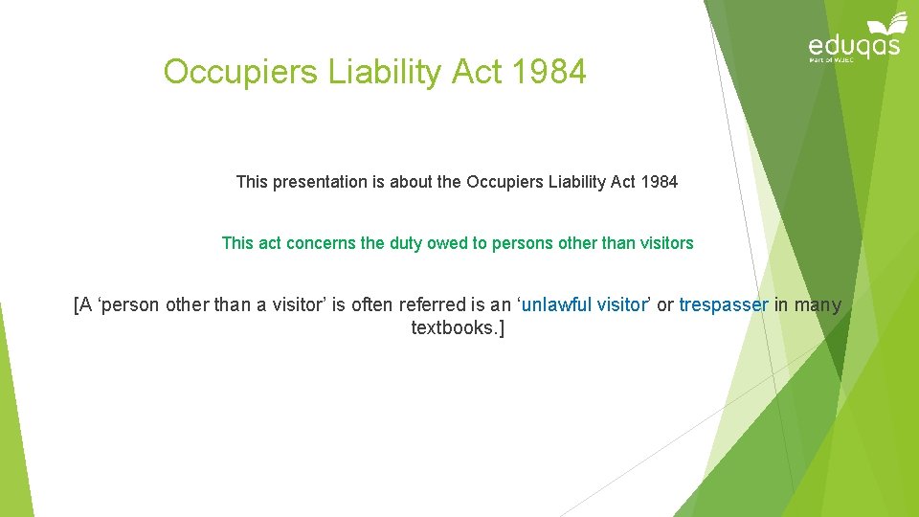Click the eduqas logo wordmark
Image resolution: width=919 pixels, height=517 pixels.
pyautogui.click(x=855, y=45)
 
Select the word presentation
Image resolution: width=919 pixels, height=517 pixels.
pyautogui.click(x=320, y=182)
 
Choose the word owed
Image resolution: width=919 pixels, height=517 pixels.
pyautogui.click(x=448, y=243)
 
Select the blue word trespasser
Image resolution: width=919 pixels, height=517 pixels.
pyautogui.click(x=724, y=305)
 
